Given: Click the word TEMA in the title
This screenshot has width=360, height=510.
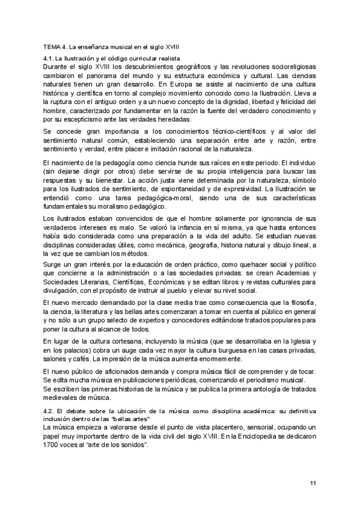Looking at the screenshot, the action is [52, 46].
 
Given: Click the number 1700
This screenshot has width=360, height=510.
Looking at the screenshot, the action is [52, 447].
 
